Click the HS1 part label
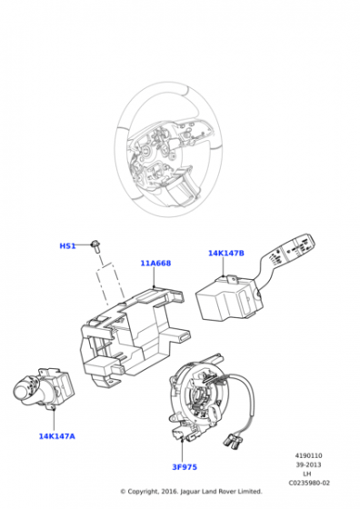(x=67, y=246)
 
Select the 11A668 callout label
(x=155, y=263)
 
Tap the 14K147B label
(x=226, y=253)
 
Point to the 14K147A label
(x=56, y=436)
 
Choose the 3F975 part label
(x=185, y=467)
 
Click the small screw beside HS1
(x=95, y=245)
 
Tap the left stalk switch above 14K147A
(x=44, y=388)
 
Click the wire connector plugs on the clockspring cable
(x=232, y=440)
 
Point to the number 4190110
(x=308, y=455)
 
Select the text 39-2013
(x=308, y=464)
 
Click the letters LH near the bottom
(x=308, y=474)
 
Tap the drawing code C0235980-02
(x=309, y=483)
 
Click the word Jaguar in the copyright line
(x=190, y=492)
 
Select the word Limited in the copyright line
(x=250, y=492)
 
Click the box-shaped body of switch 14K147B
(x=225, y=299)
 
